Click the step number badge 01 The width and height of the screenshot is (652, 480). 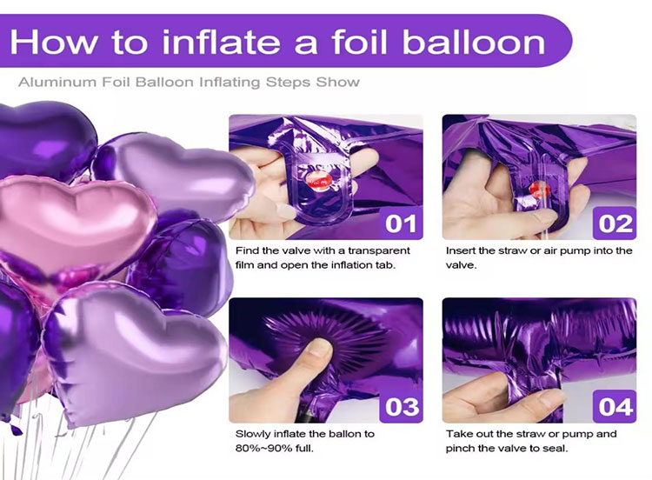[401, 223]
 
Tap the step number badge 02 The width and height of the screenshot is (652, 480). [615, 223]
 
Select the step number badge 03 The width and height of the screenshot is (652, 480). [401, 406]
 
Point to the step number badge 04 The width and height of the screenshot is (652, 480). [615, 406]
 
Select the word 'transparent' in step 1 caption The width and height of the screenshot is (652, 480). [349, 250]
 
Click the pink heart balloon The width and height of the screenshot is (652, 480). [65, 222]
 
